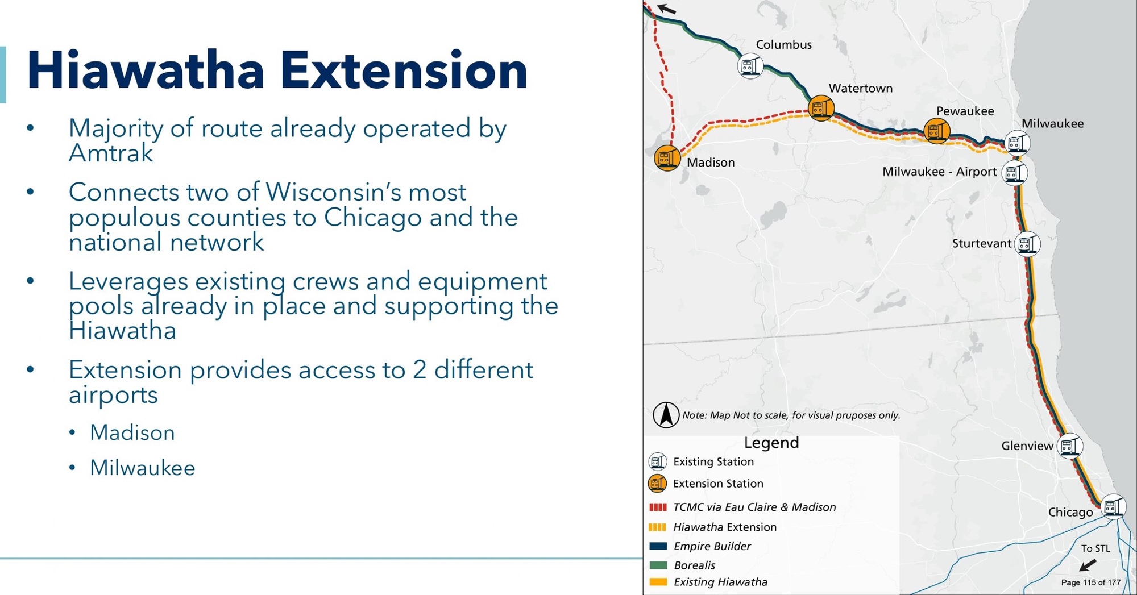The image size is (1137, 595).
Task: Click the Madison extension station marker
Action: click(667, 158)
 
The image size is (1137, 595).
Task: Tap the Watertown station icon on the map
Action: click(821, 107)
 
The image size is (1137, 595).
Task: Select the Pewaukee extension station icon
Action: click(936, 131)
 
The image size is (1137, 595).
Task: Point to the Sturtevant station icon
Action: click(1027, 244)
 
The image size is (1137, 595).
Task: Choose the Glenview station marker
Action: click(1069, 446)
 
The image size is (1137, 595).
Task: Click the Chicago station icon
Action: click(1113, 506)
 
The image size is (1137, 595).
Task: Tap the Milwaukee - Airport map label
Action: click(939, 172)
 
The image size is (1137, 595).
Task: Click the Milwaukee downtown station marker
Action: click(1017, 143)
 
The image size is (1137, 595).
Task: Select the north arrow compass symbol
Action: click(666, 415)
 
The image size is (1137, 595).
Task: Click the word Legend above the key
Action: click(771, 443)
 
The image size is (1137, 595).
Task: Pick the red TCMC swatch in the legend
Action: click(658, 507)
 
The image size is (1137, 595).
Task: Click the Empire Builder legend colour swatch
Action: click(658, 546)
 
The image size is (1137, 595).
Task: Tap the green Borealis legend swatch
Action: click(658, 565)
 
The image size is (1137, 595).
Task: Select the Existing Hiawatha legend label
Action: click(720, 582)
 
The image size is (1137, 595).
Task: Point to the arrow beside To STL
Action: click(1088, 565)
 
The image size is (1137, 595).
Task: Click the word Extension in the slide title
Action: click(404, 70)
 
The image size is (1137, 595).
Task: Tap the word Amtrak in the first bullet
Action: click(111, 153)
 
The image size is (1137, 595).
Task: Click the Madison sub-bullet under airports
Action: click(132, 433)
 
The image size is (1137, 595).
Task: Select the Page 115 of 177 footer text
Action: click(1090, 582)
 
